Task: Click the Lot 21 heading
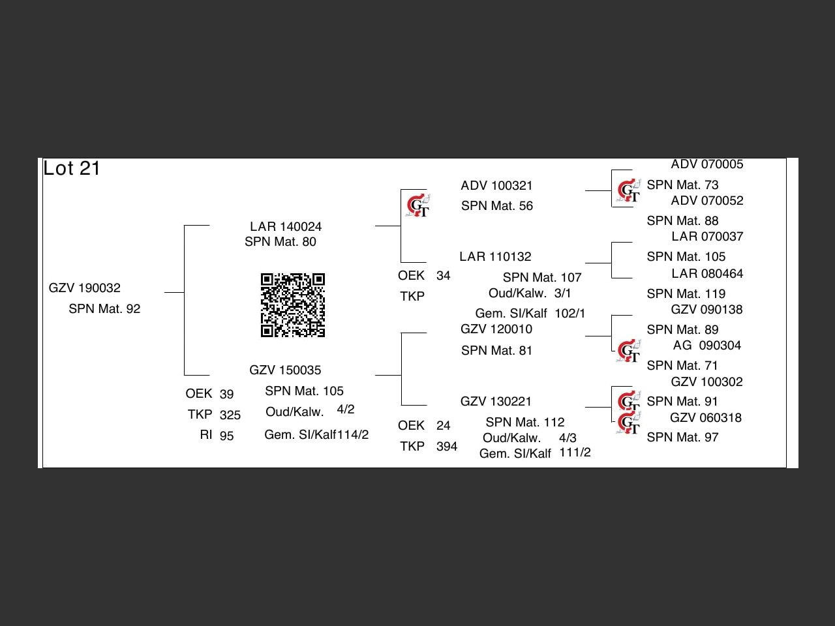click(x=72, y=168)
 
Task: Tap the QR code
click(x=293, y=305)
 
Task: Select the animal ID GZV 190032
click(x=85, y=288)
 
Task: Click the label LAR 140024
click(x=286, y=227)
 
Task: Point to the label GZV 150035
click(x=285, y=370)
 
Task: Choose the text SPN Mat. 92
click(x=104, y=309)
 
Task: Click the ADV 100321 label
click(x=496, y=186)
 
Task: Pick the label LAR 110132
click(x=495, y=257)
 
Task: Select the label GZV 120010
click(x=496, y=329)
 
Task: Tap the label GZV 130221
click(x=496, y=402)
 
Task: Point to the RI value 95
click(x=226, y=436)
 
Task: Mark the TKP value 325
click(x=230, y=415)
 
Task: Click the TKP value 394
click(x=446, y=447)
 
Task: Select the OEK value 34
click(x=443, y=276)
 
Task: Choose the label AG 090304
click(x=707, y=346)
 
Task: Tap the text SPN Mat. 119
click(x=686, y=294)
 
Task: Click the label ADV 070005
click(x=707, y=165)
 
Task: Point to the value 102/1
click(x=570, y=314)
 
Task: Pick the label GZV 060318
click(x=706, y=418)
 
